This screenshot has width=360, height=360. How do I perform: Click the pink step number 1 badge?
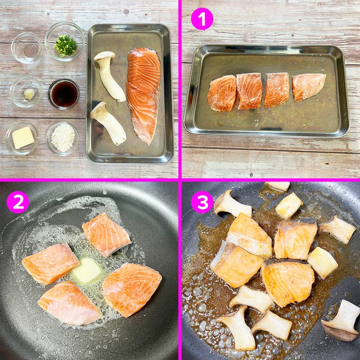point(202,19)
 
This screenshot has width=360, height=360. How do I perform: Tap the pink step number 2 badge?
point(18,202)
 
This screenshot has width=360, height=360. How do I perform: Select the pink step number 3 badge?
point(202,202)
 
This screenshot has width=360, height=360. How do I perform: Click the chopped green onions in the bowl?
point(66,45)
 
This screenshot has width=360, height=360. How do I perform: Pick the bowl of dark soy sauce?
point(64,94)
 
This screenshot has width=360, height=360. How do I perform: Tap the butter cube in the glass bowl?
point(23,137)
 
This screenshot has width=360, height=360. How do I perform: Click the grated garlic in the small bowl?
point(29,94)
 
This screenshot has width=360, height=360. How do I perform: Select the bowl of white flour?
point(62,138)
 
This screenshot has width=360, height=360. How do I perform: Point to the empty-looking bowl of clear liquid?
point(27,48)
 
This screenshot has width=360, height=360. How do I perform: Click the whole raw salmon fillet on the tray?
point(143,95)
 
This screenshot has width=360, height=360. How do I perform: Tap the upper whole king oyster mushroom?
point(109,76)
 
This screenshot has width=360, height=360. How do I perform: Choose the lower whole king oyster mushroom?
point(108,123)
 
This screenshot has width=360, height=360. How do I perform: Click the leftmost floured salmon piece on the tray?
point(222,94)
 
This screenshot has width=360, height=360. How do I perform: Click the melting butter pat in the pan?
point(86,270)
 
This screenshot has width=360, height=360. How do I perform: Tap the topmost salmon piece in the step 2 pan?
point(106,235)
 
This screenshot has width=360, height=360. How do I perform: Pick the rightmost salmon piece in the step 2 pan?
point(132,289)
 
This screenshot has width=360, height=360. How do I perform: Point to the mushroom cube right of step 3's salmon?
point(322,262)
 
